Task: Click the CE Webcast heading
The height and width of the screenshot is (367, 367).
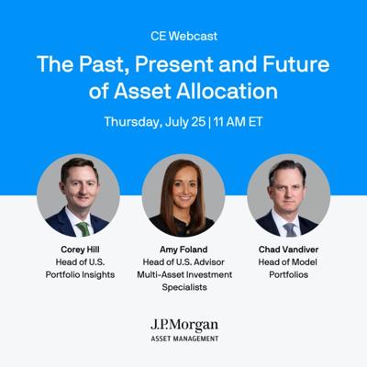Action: [x=183, y=36]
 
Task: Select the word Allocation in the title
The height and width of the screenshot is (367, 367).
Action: [x=227, y=91]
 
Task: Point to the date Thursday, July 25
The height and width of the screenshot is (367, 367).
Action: [x=155, y=122]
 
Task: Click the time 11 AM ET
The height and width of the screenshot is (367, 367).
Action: [x=239, y=122]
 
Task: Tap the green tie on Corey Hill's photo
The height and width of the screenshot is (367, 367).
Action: [x=83, y=228]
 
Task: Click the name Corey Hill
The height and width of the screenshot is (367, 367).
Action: [x=80, y=250]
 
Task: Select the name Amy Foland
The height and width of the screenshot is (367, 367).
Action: [x=183, y=250]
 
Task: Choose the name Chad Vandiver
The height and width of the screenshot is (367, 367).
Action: [x=288, y=250]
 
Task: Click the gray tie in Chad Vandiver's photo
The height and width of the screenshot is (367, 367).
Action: [x=290, y=229]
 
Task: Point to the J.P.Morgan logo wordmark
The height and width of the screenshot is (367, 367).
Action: [x=184, y=326]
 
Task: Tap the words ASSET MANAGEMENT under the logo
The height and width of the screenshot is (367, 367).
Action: [x=184, y=339]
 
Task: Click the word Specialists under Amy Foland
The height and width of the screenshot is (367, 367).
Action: [x=184, y=287]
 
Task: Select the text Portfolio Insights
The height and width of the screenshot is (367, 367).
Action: [x=80, y=274]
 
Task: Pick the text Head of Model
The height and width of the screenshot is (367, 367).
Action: [x=288, y=262]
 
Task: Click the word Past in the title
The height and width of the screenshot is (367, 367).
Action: [x=104, y=65]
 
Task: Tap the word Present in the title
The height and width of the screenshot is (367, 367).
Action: [x=174, y=64]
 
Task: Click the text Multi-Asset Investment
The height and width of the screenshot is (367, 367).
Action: [x=184, y=274]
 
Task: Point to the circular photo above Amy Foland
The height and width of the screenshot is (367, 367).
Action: [x=183, y=195]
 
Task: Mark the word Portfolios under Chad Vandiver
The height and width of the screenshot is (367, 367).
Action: [x=288, y=274]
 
